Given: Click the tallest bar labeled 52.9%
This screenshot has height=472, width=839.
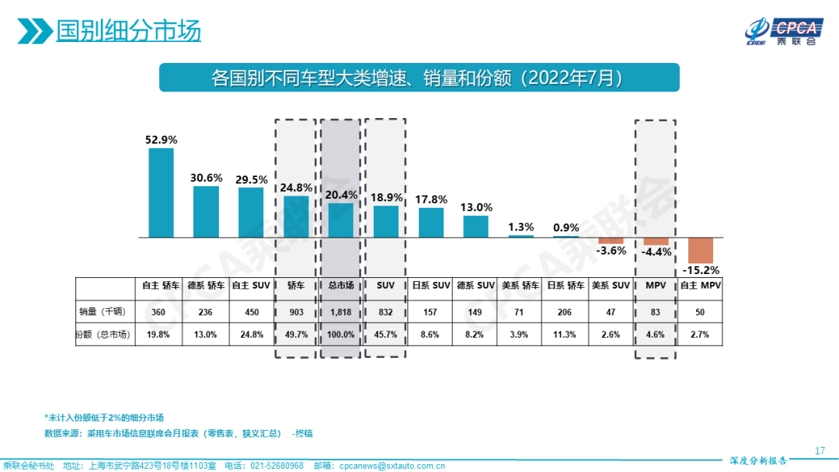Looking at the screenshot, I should (161, 193).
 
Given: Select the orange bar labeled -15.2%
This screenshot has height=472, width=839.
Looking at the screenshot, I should (700, 250).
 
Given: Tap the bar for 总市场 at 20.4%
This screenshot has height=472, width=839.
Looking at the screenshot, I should (340, 220).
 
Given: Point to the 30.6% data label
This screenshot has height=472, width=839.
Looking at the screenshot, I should (206, 178).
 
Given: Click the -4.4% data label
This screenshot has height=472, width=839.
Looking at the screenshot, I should (656, 252).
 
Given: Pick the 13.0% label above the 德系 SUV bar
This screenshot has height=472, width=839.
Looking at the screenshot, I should (476, 207).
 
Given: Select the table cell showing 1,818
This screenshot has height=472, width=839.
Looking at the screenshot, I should (340, 312).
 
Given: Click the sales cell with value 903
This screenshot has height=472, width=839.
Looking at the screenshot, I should (296, 312).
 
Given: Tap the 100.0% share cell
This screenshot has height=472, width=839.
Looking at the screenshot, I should (340, 335).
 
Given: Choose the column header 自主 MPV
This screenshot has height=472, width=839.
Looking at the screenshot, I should (701, 286).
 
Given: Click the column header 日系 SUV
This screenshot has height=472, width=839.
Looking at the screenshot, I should (431, 286).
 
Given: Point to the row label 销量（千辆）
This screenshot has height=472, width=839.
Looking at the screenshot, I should (102, 312).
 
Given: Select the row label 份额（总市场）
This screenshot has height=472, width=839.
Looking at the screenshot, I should (102, 335).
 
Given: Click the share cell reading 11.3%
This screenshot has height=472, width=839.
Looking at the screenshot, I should (565, 335).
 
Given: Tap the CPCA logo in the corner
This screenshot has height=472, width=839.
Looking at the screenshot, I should (782, 30).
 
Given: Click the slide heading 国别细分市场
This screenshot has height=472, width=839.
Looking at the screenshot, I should (128, 30).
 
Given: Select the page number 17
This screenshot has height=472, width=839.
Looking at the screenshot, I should (820, 451).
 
